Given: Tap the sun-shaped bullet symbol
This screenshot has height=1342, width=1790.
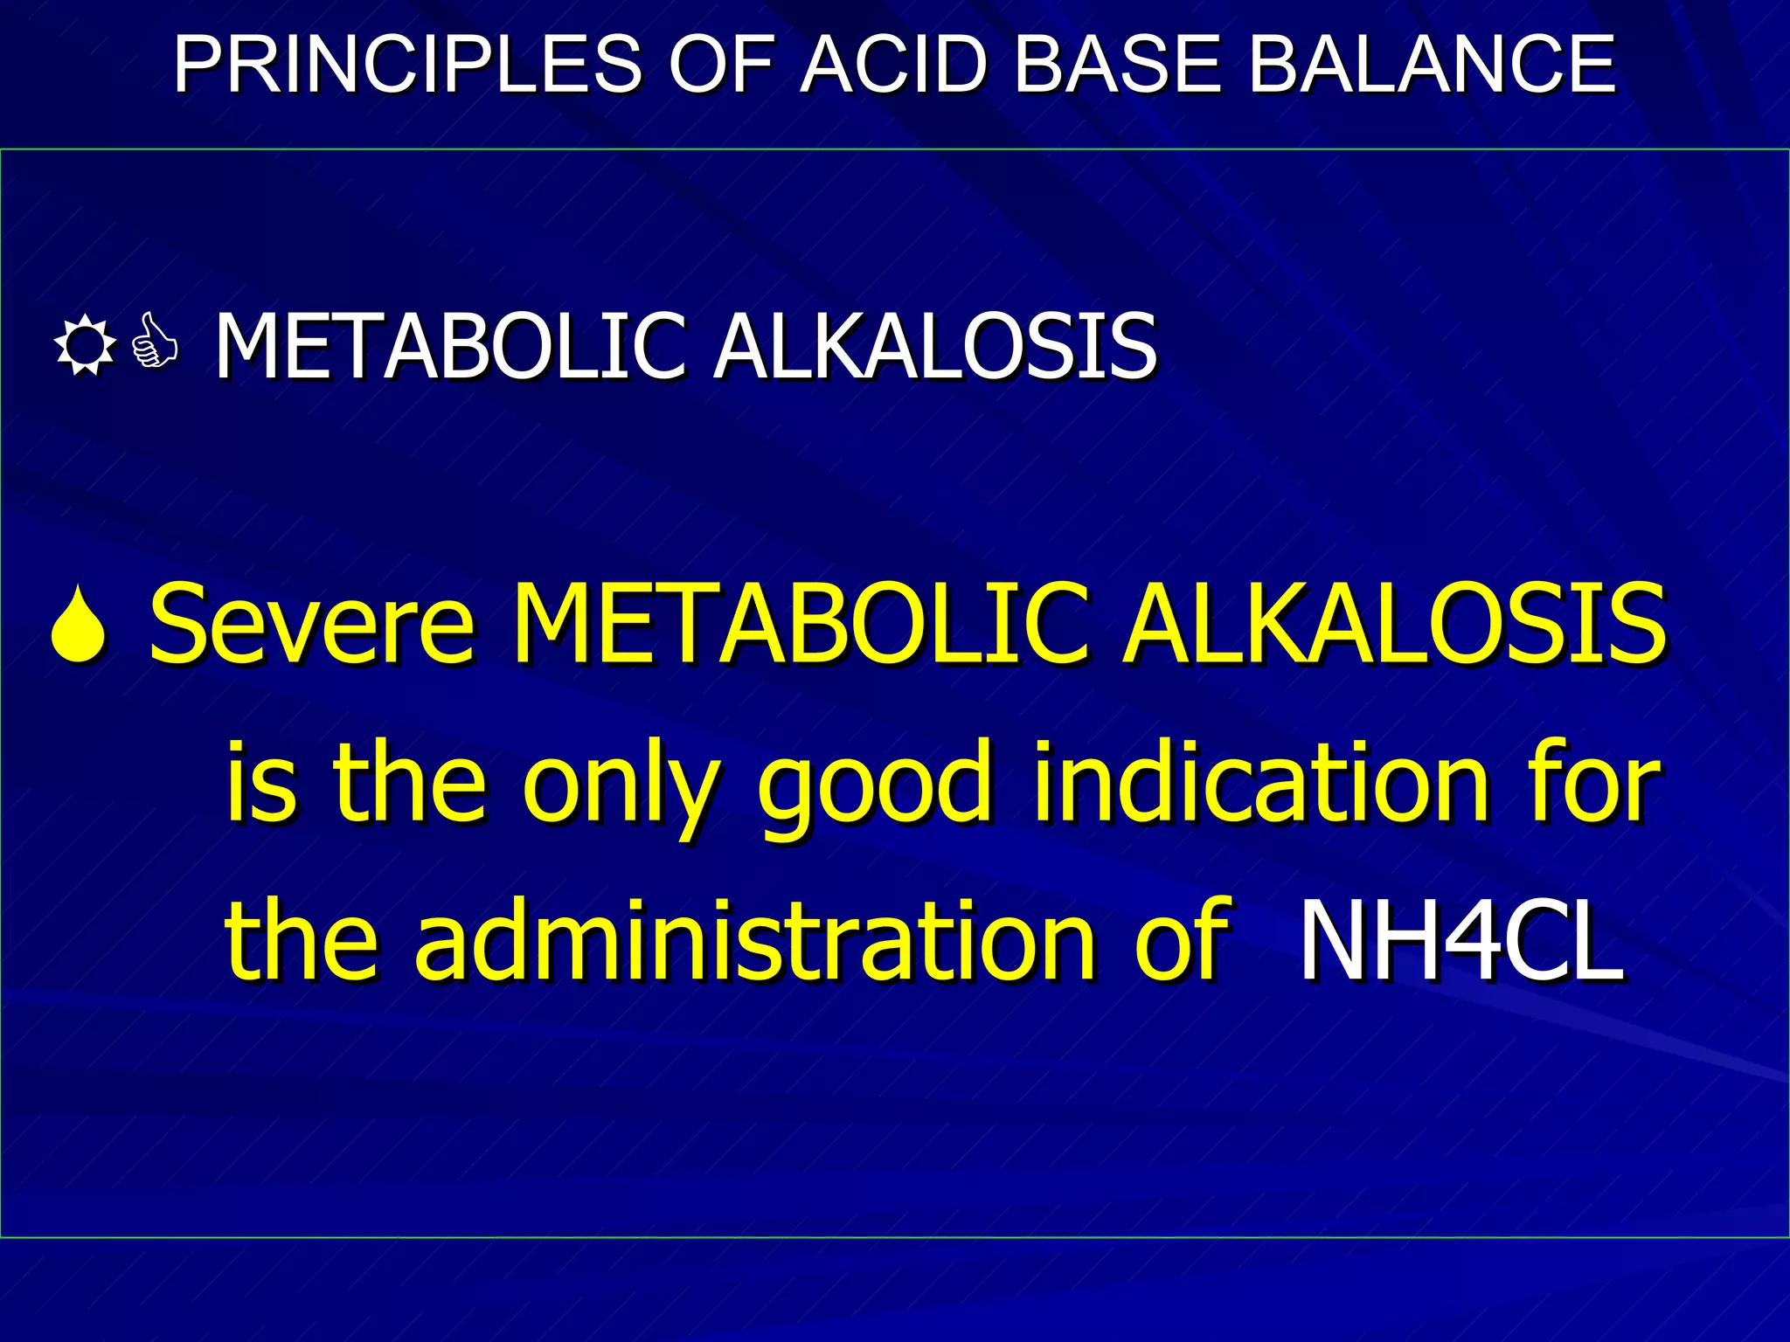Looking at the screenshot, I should point(84,346).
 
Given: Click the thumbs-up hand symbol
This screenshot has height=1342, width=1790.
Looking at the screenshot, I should point(155,344).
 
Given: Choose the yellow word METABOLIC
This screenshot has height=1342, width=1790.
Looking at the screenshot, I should point(800,624).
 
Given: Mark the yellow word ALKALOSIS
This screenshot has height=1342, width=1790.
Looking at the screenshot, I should point(1395,624).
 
